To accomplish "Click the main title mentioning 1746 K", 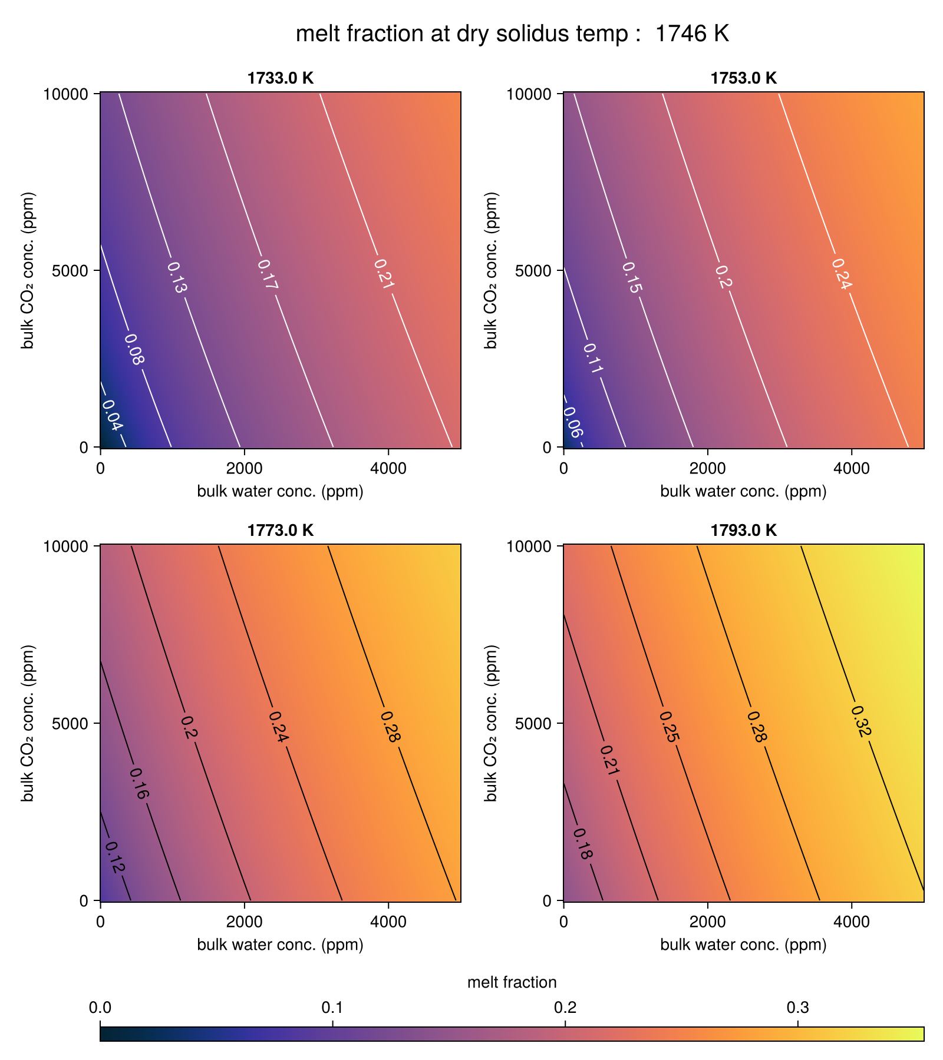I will click(x=512, y=34).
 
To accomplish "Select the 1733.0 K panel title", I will click(x=281, y=78).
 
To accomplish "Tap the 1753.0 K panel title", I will click(x=744, y=78).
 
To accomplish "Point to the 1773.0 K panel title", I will click(x=281, y=531).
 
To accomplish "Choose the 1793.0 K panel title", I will click(x=744, y=531).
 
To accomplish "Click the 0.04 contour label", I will click(x=113, y=415).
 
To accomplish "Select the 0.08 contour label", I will click(x=133, y=349).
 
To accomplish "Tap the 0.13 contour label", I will click(x=177, y=278).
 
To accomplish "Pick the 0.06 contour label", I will click(x=573, y=423).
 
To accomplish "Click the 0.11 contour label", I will click(x=593, y=358).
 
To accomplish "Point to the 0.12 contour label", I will click(x=115, y=857).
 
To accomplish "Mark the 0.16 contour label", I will click(x=139, y=784).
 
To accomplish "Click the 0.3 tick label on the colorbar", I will click(x=797, y=1008).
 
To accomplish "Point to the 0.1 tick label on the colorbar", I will click(x=333, y=1008).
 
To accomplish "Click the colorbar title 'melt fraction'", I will click(x=512, y=982).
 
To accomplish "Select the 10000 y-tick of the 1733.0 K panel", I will click(x=65, y=94).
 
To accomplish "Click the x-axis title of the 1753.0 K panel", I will click(x=743, y=491).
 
